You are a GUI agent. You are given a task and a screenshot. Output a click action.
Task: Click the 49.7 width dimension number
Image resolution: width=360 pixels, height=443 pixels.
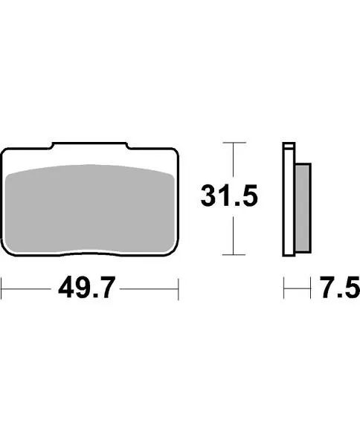tap(89, 287)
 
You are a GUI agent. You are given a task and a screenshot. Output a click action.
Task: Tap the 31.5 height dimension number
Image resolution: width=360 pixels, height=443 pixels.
tap(229, 197)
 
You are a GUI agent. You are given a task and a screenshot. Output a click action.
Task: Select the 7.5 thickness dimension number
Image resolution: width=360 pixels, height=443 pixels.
tap(335, 287)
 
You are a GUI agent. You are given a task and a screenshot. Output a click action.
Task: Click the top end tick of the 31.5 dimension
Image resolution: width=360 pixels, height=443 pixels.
tap(235, 143)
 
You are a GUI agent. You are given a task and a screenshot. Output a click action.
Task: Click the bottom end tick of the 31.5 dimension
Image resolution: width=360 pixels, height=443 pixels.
tap(235, 253)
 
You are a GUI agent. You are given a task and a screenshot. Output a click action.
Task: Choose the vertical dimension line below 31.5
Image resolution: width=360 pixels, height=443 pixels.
tap(235, 234)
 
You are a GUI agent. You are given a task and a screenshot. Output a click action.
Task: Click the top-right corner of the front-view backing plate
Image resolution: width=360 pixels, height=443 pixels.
tap(176, 152)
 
